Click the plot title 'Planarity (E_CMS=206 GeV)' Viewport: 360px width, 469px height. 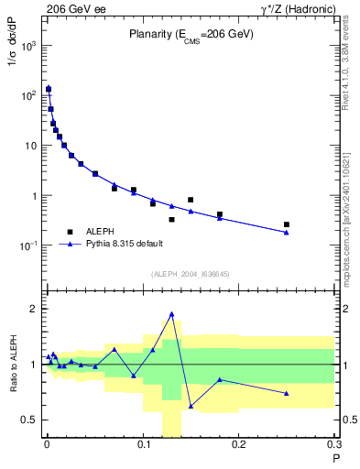point(190,36)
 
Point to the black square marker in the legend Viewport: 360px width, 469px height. point(70,232)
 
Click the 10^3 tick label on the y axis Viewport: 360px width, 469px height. point(29,46)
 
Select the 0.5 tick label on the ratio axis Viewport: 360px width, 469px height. point(29,420)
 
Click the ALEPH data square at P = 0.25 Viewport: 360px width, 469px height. point(287,224)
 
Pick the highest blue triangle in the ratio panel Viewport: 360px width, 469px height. point(171,314)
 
